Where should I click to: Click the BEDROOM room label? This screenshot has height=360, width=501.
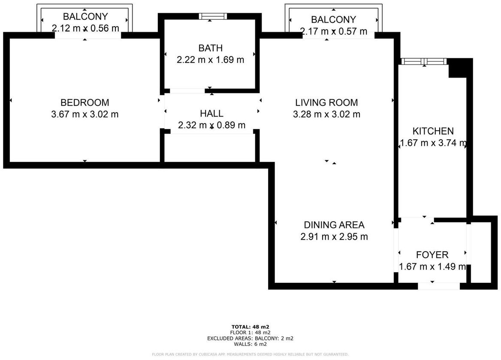click(x=85, y=102)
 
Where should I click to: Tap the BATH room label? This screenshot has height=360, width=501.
click(x=210, y=48)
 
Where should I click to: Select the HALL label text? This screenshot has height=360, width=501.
click(x=211, y=114)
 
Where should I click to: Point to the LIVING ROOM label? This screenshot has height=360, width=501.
click(x=326, y=102)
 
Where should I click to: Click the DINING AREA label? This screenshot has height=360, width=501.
click(x=334, y=225)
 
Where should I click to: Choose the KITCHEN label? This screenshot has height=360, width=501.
click(x=433, y=131)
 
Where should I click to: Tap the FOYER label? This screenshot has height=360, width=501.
click(x=432, y=255)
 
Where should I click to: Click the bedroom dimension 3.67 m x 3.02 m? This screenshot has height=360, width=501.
click(x=85, y=114)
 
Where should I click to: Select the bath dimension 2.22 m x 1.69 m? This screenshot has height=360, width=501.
click(x=210, y=60)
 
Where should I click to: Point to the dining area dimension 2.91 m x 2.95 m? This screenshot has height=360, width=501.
click(x=334, y=237)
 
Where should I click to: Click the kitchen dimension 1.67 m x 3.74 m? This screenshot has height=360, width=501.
click(x=433, y=143)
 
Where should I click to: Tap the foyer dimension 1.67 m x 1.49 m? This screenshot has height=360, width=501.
click(x=432, y=267)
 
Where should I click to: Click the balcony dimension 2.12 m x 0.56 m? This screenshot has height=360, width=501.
click(x=85, y=28)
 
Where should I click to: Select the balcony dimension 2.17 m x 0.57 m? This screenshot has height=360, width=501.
click(x=333, y=31)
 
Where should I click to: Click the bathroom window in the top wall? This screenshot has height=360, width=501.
click(x=213, y=16)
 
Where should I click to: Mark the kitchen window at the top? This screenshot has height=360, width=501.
click(x=424, y=61)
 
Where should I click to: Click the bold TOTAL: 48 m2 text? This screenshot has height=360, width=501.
click(x=250, y=327)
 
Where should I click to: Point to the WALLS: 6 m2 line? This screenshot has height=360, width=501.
click(x=250, y=344)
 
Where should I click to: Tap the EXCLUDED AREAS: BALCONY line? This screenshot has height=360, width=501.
click(x=250, y=338)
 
